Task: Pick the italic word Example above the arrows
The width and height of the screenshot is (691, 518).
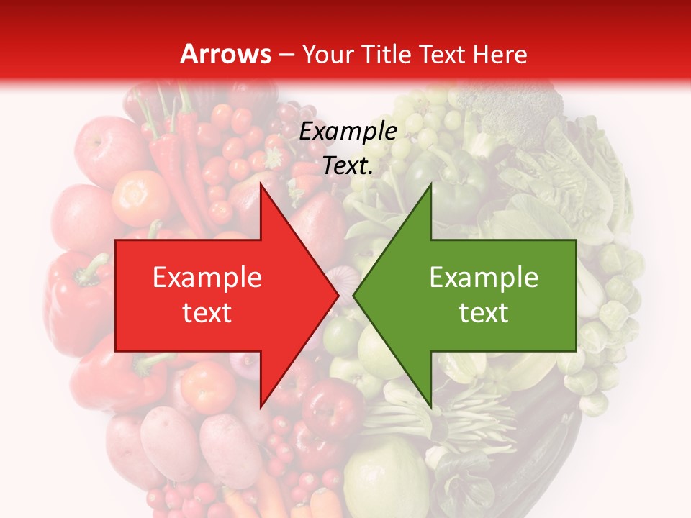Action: point(348,132)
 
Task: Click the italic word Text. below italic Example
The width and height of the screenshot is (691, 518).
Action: point(348,166)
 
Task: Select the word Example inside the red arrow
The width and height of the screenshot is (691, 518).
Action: point(207,278)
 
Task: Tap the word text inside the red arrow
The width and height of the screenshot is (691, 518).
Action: point(207,313)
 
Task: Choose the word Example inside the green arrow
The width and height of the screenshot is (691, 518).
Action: point(484,278)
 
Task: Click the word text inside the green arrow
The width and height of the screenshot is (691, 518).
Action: point(484,313)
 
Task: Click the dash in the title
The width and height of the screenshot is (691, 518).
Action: point(287,55)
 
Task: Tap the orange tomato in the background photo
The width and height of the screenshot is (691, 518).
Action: point(141,196)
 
